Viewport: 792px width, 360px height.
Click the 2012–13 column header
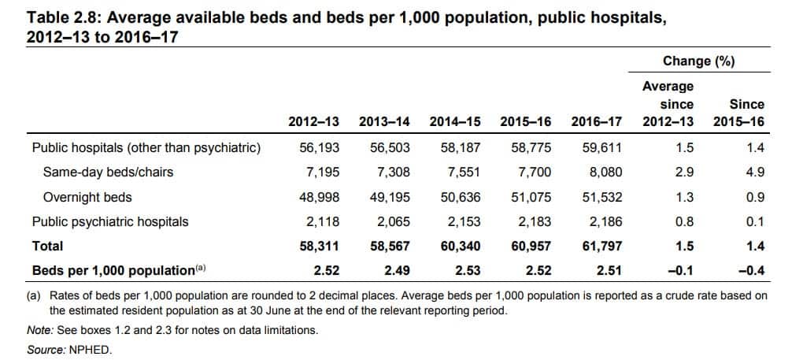pyautogui.click(x=313, y=122)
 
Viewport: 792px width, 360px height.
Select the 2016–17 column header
pyautogui.click(x=596, y=122)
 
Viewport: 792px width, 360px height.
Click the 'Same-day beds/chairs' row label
pyautogui.click(x=108, y=172)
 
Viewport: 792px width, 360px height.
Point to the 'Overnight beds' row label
pyautogui.click(x=87, y=197)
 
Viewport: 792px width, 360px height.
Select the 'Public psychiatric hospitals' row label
pyautogui.click(x=109, y=221)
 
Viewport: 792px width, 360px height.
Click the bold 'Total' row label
pyautogui.click(x=47, y=246)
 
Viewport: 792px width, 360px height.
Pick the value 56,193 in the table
pyautogui.click(x=320, y=147)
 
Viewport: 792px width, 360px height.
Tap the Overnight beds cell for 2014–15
pyautogui.click(x=461, y=197)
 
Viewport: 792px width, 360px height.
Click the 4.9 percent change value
pyautogui.click(x=755, y=172)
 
